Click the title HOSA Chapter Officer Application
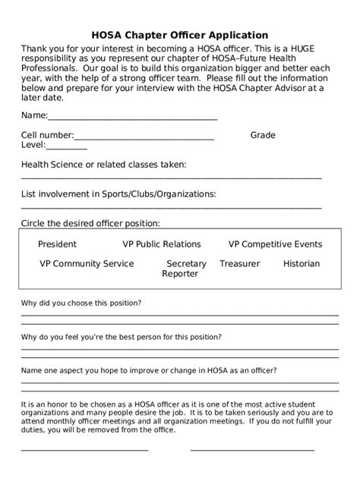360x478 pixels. (x=179, y=34)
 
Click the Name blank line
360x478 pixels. (x=133, y=118)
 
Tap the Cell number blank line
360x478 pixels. (x=144, y=138)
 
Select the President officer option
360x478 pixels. (x=57, y=244)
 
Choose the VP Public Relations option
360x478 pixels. (x=162, y=244)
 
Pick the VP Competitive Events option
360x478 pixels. (x=275, y=244)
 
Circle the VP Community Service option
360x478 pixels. (x=87, y=264)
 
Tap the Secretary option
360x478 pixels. (x=186, y=264)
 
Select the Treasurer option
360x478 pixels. (x=239, y=264)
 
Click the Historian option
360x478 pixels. (x=302, y=264)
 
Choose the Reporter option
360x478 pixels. (x=180, y=274)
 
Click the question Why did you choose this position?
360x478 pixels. (x=81, y=303)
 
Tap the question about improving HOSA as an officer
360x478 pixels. (x=149, y=370)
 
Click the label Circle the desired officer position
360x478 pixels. (x=90, y=223)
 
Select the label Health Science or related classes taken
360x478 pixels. (x=103, y=165)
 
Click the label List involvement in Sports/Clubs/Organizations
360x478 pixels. (x=118, y=193)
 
